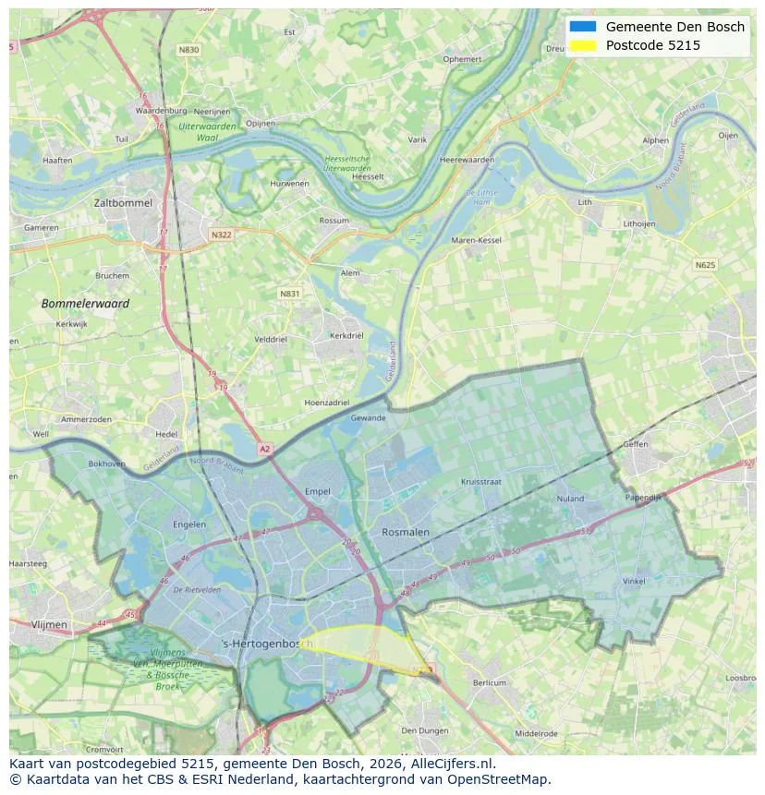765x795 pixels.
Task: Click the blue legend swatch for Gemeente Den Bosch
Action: (x=584, y=27)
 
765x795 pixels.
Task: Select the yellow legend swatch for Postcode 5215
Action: (x=584, y=45)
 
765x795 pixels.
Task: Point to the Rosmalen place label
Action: (x=406, y=532)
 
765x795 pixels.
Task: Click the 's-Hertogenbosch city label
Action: (x=268, y=643)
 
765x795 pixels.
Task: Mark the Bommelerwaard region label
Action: (x=85, y=303)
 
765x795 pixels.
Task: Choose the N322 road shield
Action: (x=221, y=235)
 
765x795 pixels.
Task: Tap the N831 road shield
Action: (x=290, y=294)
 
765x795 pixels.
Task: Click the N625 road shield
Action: (x=705, y=265)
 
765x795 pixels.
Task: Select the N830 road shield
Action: (x=188, y=50)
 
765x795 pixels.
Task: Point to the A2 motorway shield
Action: (x=265, y=449)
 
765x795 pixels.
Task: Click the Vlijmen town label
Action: (x=49, y=624)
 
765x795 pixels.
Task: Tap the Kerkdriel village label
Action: (x=346, y=335)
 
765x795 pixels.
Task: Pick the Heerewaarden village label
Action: (x=467, y=160)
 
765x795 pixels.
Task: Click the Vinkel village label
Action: (x=634, y=581)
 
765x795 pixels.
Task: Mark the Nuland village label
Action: (x=570, y=499)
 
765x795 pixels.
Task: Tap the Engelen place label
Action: (x=189, y=524)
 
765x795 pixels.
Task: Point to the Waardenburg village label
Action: (x=162, y=111)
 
